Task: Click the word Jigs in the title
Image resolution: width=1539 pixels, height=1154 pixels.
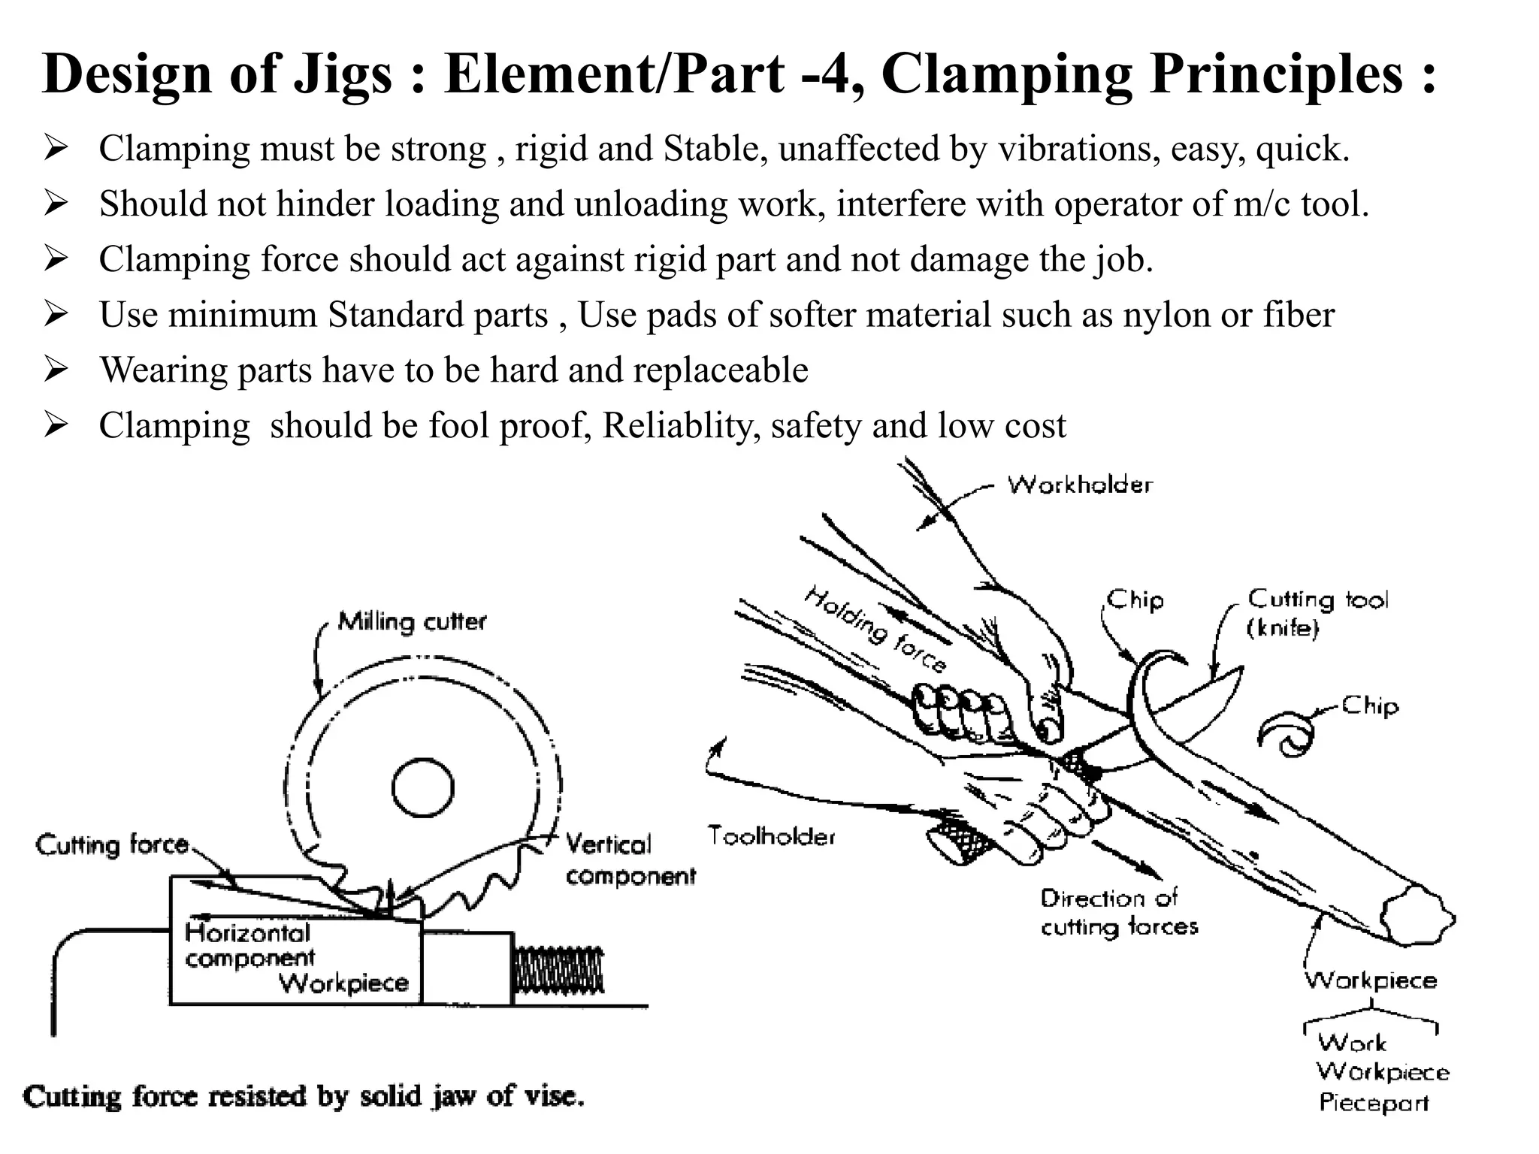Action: tap(343, 75)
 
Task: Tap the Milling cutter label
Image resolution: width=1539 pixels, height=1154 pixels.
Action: tap(412, 622)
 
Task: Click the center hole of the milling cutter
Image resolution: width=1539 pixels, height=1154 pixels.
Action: tap(422, 788)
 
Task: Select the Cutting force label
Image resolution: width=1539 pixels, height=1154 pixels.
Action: tap(112, 845)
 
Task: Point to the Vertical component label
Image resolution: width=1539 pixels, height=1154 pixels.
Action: tap(630, 860)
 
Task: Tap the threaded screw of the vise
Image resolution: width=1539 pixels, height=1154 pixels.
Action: tap(558, 969)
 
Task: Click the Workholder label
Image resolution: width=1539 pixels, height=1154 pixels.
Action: tap(1079, 485)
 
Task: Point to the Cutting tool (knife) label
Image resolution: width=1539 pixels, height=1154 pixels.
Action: tap(1317, 612)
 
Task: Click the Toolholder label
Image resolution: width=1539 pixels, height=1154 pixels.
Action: tap(771, 836)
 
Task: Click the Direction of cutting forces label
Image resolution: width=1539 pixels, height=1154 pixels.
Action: tap(1118, 912)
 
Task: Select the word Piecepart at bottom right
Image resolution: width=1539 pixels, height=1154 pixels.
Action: tap(1373, 1103)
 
